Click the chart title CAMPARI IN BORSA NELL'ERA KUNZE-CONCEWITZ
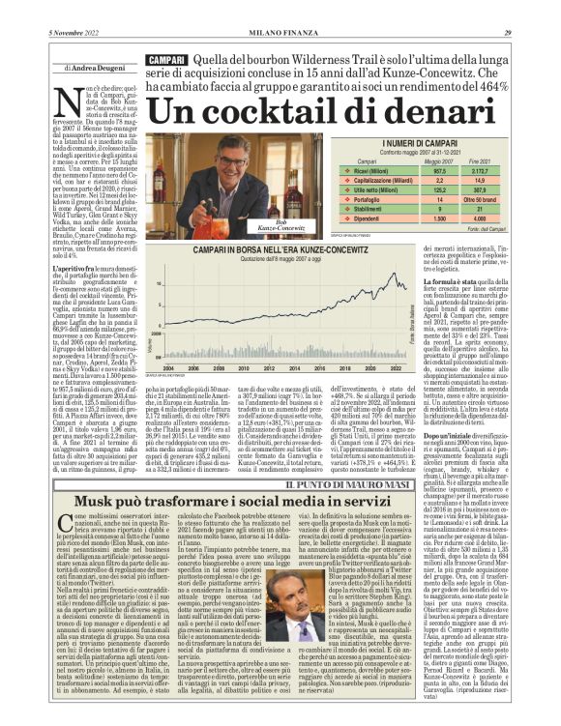pos(253,249)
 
